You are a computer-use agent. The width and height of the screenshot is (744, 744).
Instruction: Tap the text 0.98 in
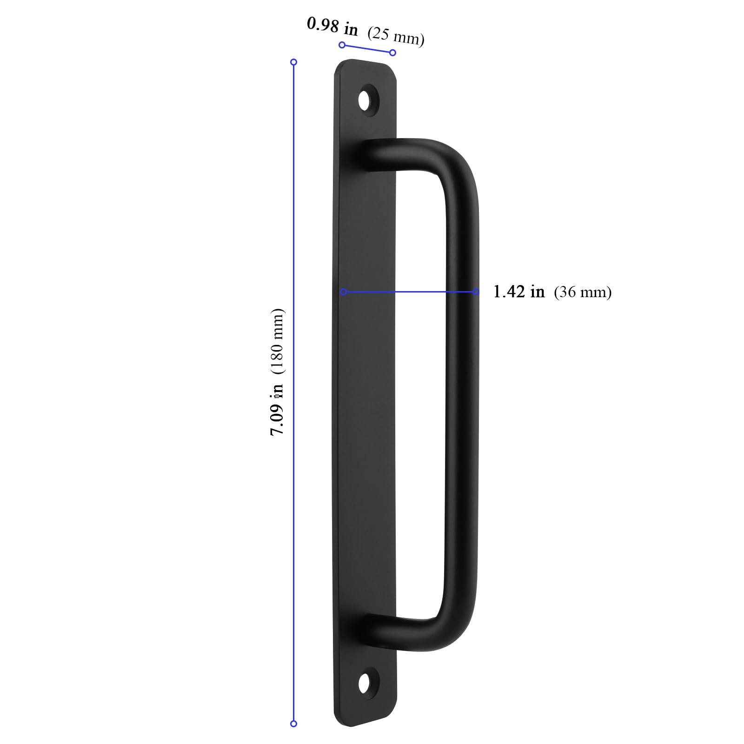332,26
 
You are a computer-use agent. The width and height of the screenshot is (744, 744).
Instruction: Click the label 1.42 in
518,292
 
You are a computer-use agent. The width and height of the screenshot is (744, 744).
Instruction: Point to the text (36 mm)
583,292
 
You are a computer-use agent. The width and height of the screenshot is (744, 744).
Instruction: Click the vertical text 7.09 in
277,409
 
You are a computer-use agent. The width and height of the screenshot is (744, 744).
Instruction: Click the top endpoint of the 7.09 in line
293,62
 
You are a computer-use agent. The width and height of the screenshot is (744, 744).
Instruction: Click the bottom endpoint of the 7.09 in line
293,724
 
